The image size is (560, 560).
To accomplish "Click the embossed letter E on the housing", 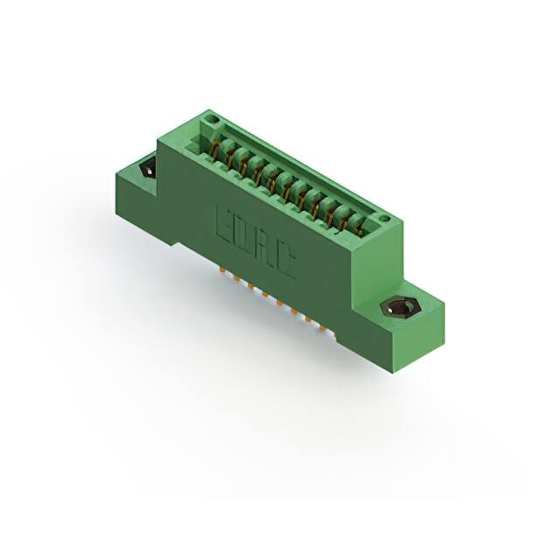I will pos(224,222).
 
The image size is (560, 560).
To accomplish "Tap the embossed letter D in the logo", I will pos(246,236).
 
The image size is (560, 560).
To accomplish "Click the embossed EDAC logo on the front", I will pos(255,243).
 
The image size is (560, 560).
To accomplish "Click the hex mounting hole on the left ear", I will pos(146,168).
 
